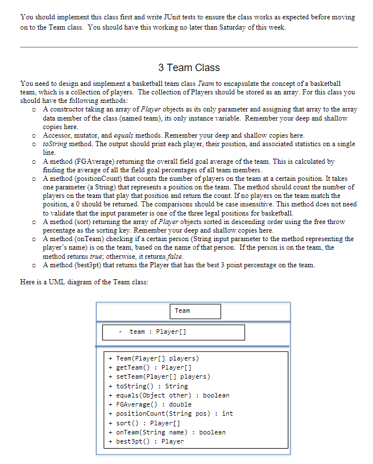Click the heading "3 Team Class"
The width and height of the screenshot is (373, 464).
[x=189, y=68]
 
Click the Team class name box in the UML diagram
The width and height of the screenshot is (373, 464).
[x=195, y=311]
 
